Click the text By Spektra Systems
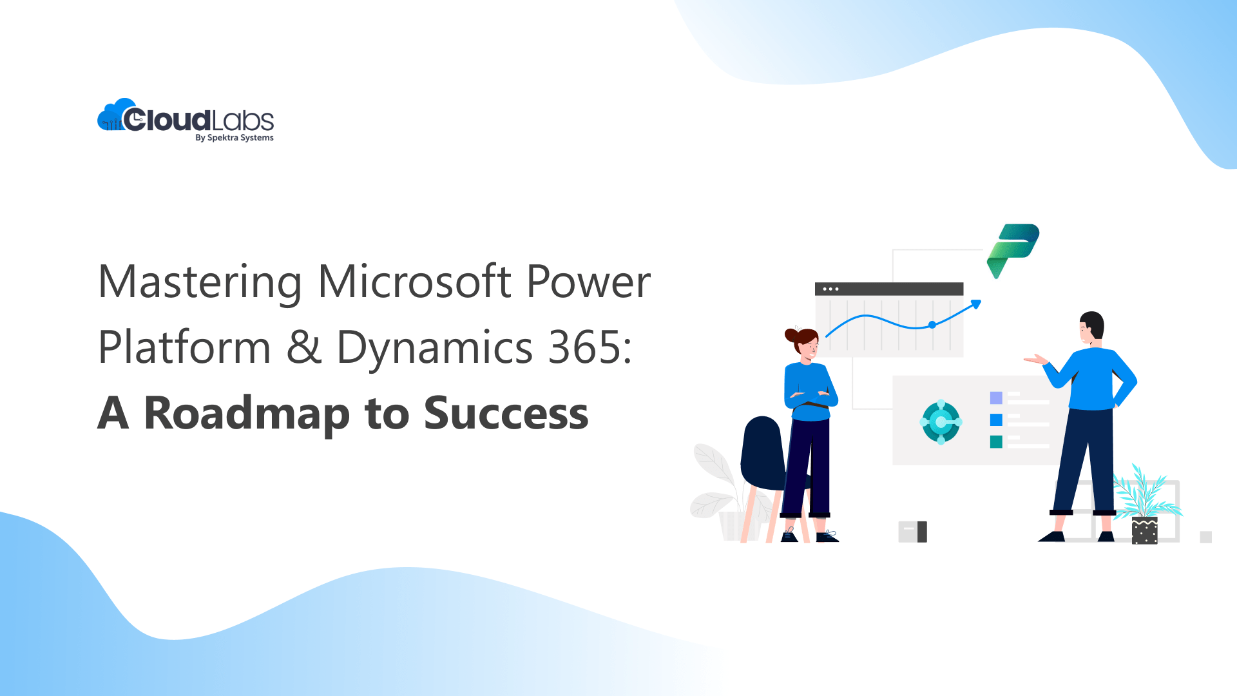[235, 138]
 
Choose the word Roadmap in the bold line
[247, 414]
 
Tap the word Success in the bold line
[506, 414]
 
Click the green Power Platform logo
[1012, 250]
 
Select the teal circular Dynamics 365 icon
[941, 422]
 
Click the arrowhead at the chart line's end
[976, 304]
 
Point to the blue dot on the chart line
[932, 325]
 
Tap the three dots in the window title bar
[830, 289]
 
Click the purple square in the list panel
[996, 398]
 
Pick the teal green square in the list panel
[996, 441]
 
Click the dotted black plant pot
[1144, 531]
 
